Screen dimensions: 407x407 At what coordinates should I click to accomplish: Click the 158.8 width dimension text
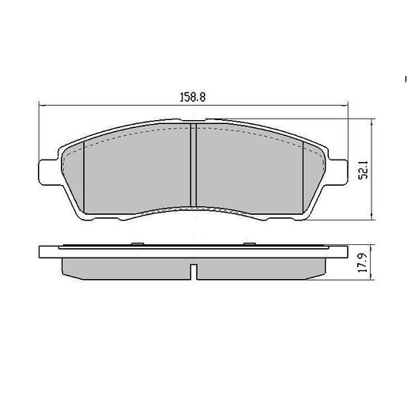pos(194,98)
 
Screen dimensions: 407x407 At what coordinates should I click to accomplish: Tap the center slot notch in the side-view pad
pos(194,273)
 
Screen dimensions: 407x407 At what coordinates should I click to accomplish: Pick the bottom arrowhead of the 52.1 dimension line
pos(372,217)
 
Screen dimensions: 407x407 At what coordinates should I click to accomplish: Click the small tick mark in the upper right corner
pos(404,80)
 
